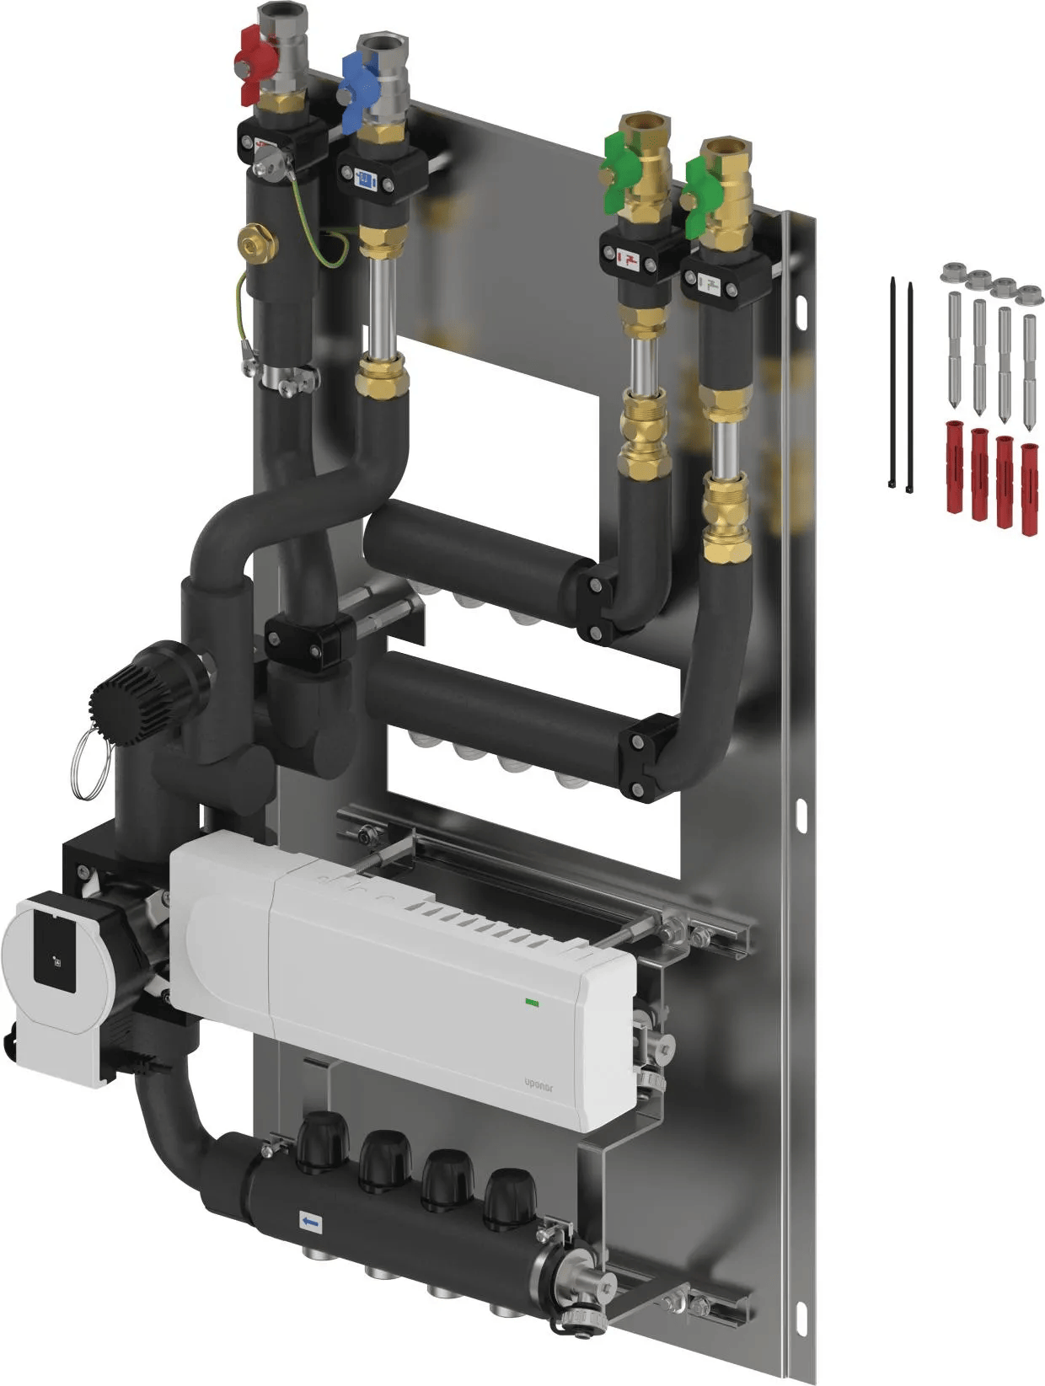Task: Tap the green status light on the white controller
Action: tap(531, 1002)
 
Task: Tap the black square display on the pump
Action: tap(54, 955)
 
